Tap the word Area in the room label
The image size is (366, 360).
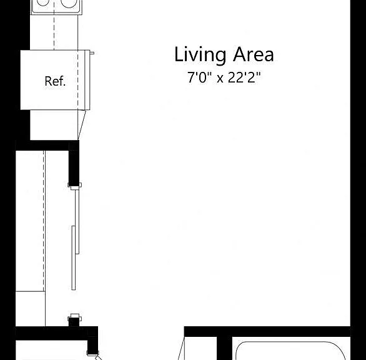tap(254, 54)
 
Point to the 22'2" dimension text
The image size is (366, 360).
tap(244, 77)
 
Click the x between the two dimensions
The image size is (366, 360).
tap(220, 79)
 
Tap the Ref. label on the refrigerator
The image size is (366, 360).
tap(55, 81)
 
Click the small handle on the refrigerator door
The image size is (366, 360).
tap(92, 53)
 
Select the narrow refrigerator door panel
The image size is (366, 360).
tap(87, 80)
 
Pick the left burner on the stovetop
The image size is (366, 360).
tap(43, 2)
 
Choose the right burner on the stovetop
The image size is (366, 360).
tap(69, 3)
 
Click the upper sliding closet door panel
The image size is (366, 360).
tap(77, 222)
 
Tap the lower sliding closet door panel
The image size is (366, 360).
tap(74, 258)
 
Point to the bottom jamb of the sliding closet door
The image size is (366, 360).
tap(75, 317)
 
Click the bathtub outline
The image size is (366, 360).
tap(290, 342)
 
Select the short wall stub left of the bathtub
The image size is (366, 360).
tap(224, 348)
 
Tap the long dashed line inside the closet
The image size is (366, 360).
tap(44, 221)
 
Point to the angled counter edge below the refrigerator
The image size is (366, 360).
tap(82, 125)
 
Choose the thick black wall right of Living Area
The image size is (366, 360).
tap(358, 180)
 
